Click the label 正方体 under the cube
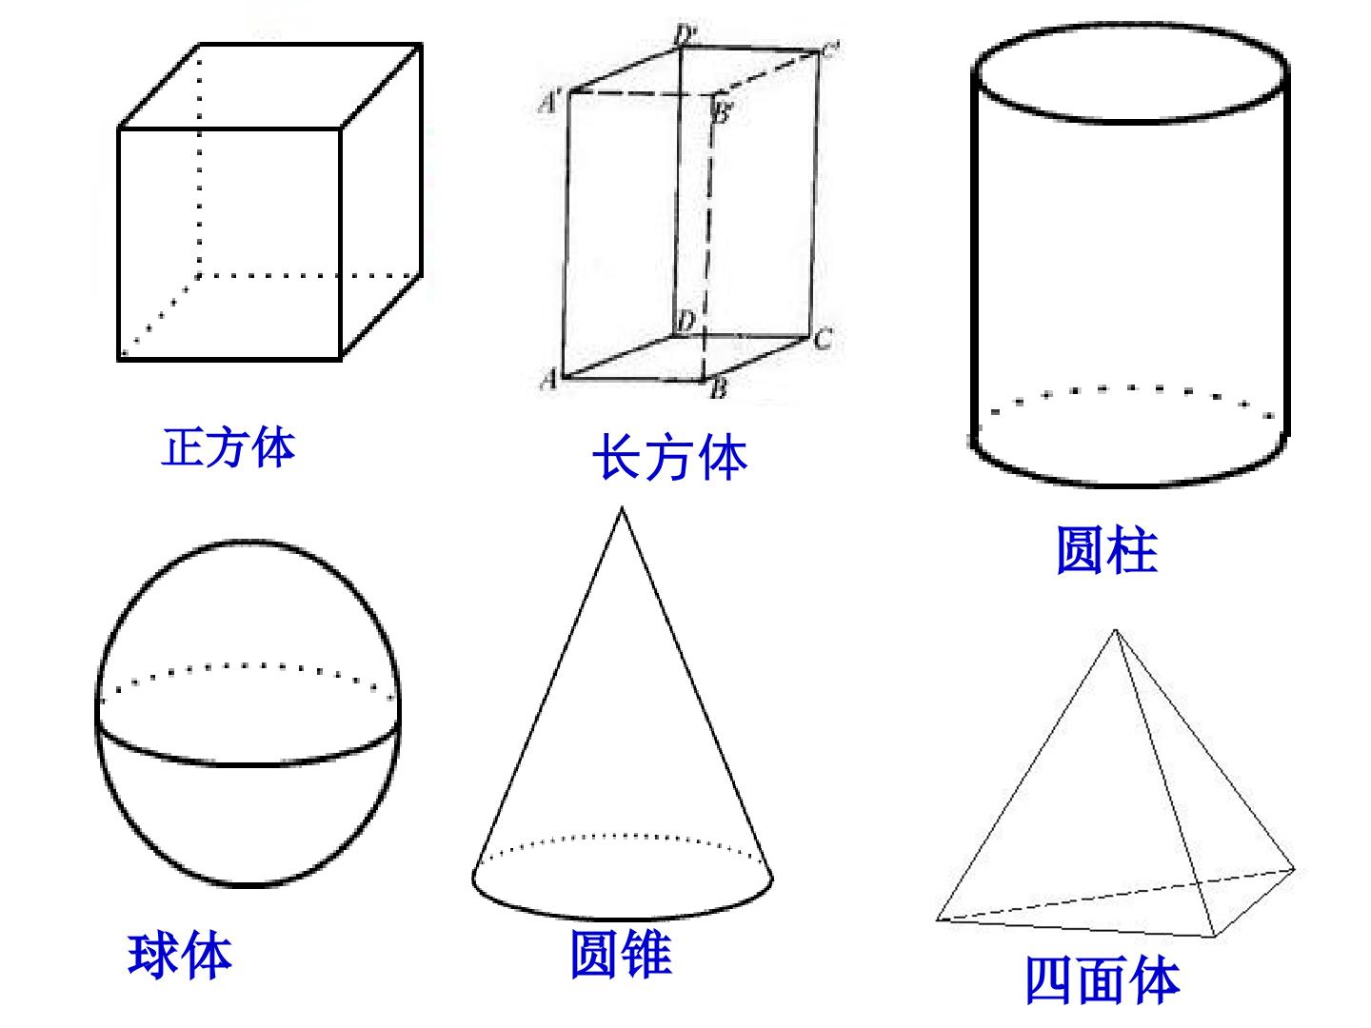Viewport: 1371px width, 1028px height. tap(228, 447)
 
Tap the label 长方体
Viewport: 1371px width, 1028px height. tap(669, 458)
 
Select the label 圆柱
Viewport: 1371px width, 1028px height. tap(1106, 550)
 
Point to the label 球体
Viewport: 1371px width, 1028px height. tap(180, 955)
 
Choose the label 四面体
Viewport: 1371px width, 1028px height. tap(1103, 979)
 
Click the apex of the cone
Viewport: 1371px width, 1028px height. tap(621, 508)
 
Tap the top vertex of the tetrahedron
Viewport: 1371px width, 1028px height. tap(1116, 630)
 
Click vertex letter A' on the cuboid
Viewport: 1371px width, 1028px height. tap(550, 102)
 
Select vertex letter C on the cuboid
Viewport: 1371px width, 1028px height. tap(824, 339)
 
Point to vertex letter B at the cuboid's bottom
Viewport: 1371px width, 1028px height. tap(719, 389)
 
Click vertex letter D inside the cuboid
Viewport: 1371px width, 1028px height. tap(685, 322)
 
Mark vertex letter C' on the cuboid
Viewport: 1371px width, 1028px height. tap(830, 49)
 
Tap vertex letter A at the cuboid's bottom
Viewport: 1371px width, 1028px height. tap(549, 379)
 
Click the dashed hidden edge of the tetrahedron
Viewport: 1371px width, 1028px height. tap(1116, 894)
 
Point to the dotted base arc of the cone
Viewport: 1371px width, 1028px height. tap(622, 835)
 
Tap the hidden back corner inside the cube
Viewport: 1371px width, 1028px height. tap(199, 276)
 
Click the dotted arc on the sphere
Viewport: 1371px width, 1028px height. tap(248, 666)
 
